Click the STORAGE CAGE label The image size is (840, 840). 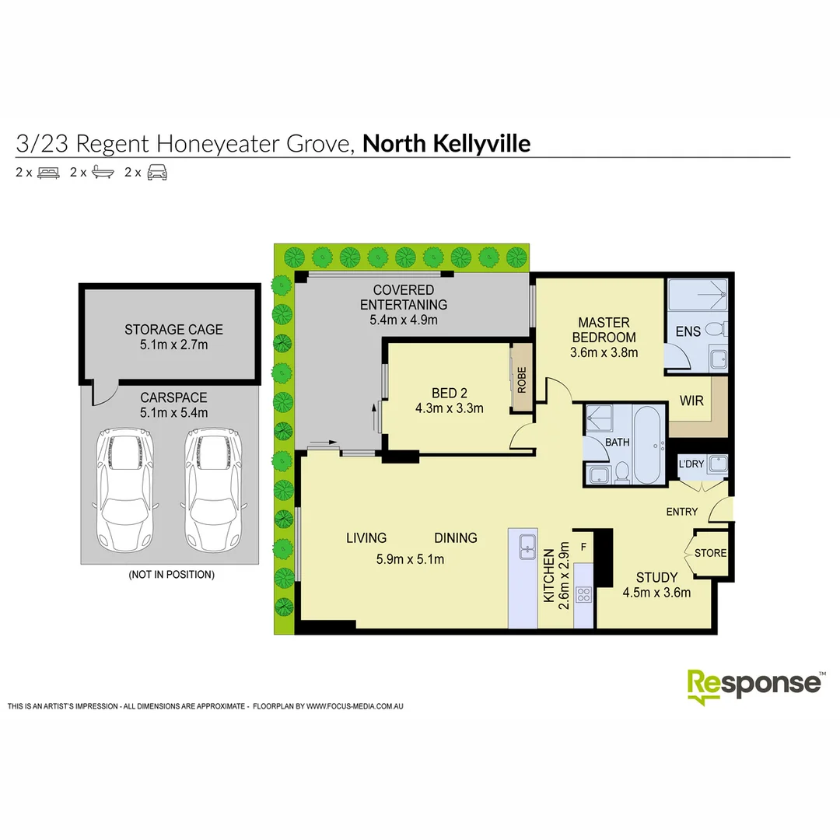173,330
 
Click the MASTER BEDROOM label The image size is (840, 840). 604,330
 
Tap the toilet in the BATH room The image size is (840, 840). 622,473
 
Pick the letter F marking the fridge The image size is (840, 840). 583,546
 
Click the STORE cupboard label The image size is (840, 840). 710,553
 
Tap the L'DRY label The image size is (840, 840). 691,464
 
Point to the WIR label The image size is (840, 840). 692,401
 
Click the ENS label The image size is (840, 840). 688,331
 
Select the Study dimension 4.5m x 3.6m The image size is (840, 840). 656,593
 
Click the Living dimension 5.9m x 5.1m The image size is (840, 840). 411,558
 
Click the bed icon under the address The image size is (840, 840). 48,173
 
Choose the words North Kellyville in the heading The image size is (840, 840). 446,144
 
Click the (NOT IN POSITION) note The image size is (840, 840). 171,575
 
